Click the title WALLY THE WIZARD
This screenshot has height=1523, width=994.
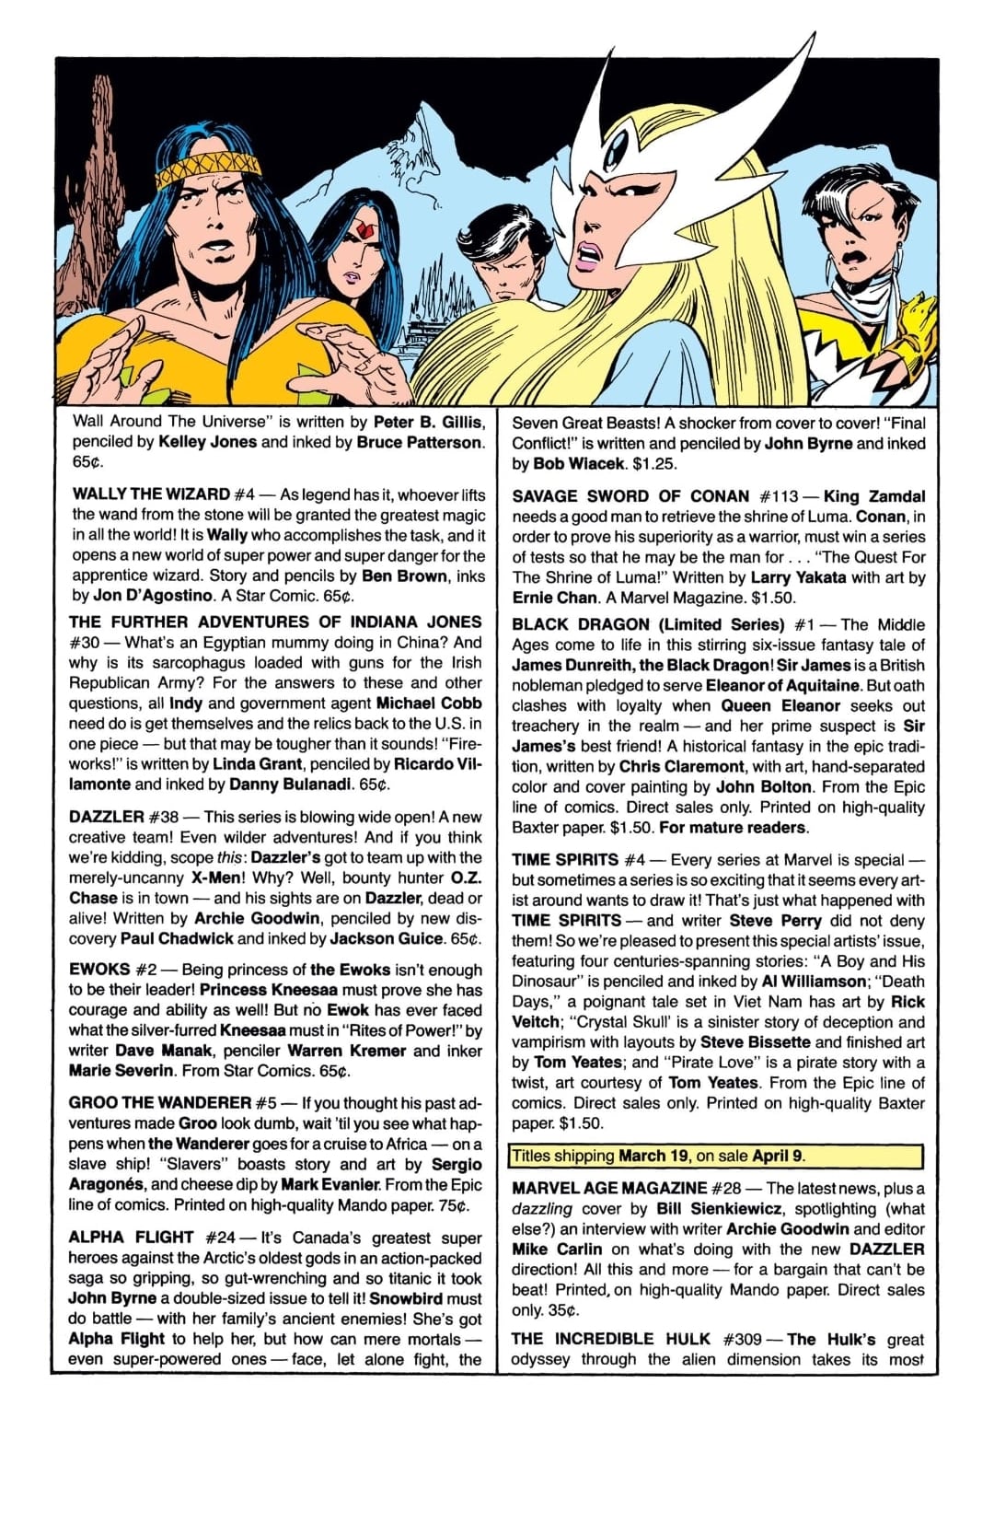pos(151,494)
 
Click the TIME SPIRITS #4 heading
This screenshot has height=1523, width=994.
pos(578,859)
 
